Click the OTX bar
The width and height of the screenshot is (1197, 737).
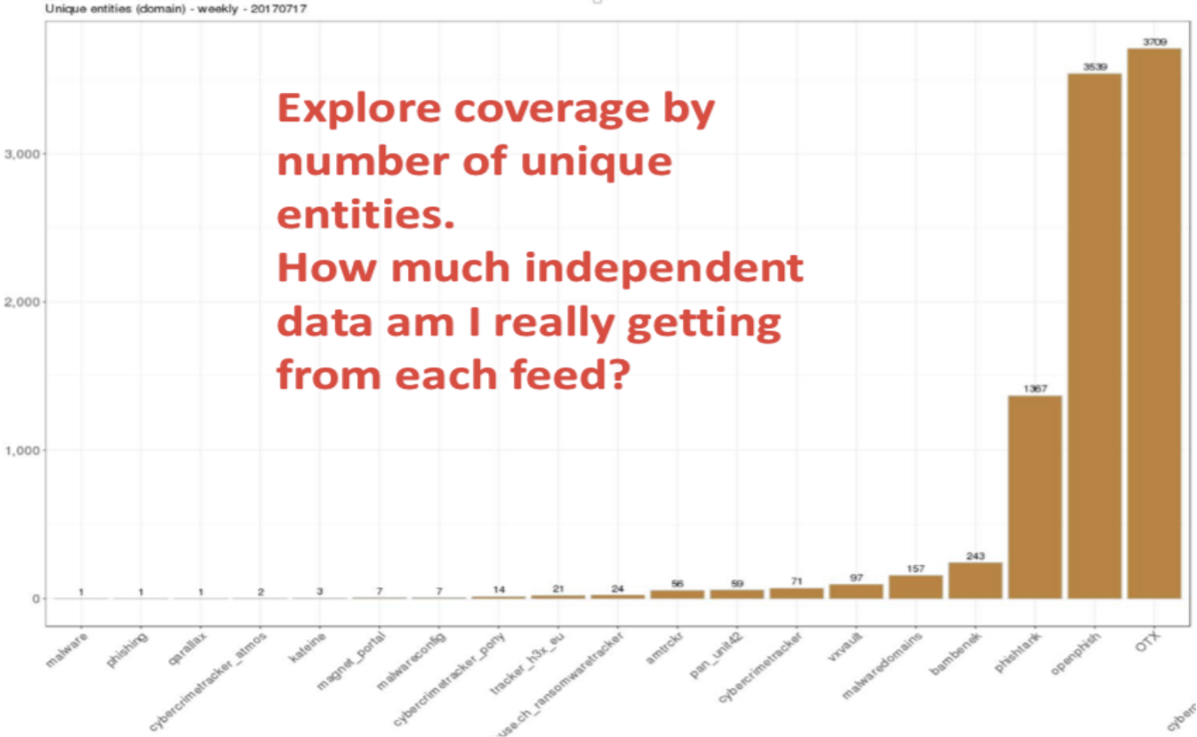click(1154, 324)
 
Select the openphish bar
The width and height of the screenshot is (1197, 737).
click(1095, 336)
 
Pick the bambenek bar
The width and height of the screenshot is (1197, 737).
click(975, 580)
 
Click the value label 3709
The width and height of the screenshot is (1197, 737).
click(1154, 42)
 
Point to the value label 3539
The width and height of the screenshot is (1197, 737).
click(1095, 67)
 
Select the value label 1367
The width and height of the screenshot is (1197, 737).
click(1035, 389)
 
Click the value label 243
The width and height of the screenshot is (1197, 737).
click(975, 556)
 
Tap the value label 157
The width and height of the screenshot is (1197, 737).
click(915, 569)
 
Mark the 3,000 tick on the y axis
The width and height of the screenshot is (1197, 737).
click(22, 154)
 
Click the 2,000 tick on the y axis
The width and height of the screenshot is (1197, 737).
click(22, 302)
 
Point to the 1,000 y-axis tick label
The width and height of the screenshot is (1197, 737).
click(22, 451)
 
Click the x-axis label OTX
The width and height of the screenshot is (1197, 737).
click(1147, 641)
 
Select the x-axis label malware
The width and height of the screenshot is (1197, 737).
click(66, 649)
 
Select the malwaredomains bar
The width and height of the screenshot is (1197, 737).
click(915, 587)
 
